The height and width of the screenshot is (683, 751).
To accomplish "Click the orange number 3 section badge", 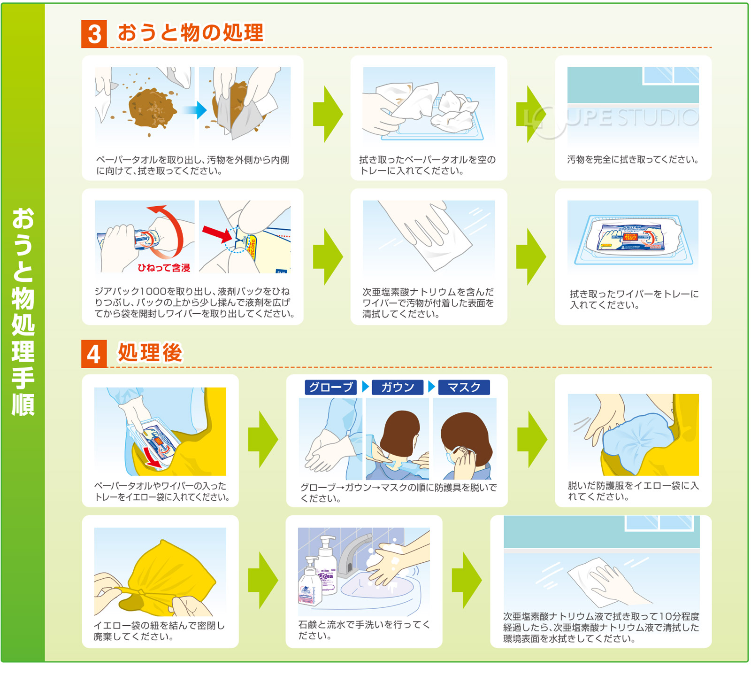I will pos(94,34).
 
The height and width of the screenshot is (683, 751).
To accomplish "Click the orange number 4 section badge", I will pos(94,354).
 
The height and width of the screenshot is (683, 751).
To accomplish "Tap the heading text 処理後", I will pos(150,353).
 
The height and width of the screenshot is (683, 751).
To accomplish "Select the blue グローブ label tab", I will pos(330,387).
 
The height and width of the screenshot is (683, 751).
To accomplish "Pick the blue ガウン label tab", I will pos(398,387).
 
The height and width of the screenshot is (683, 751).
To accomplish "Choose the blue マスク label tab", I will pos(464,387).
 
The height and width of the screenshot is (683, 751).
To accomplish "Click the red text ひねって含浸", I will pos(164,268).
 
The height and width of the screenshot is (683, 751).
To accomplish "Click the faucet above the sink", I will pos(350,554).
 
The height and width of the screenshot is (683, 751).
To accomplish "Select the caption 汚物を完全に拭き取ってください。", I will pos(633,160).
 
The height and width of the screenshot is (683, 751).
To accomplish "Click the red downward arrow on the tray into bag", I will pos(152,456).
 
